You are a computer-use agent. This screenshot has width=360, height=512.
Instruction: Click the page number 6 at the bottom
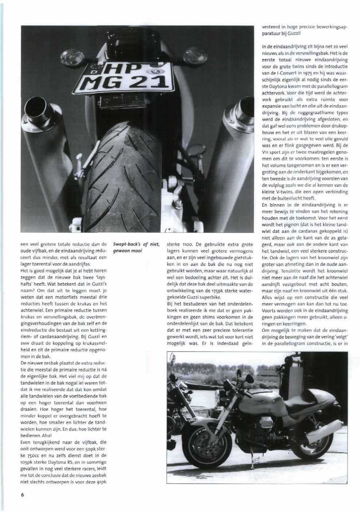pyautogui.click(x=22, y=495)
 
